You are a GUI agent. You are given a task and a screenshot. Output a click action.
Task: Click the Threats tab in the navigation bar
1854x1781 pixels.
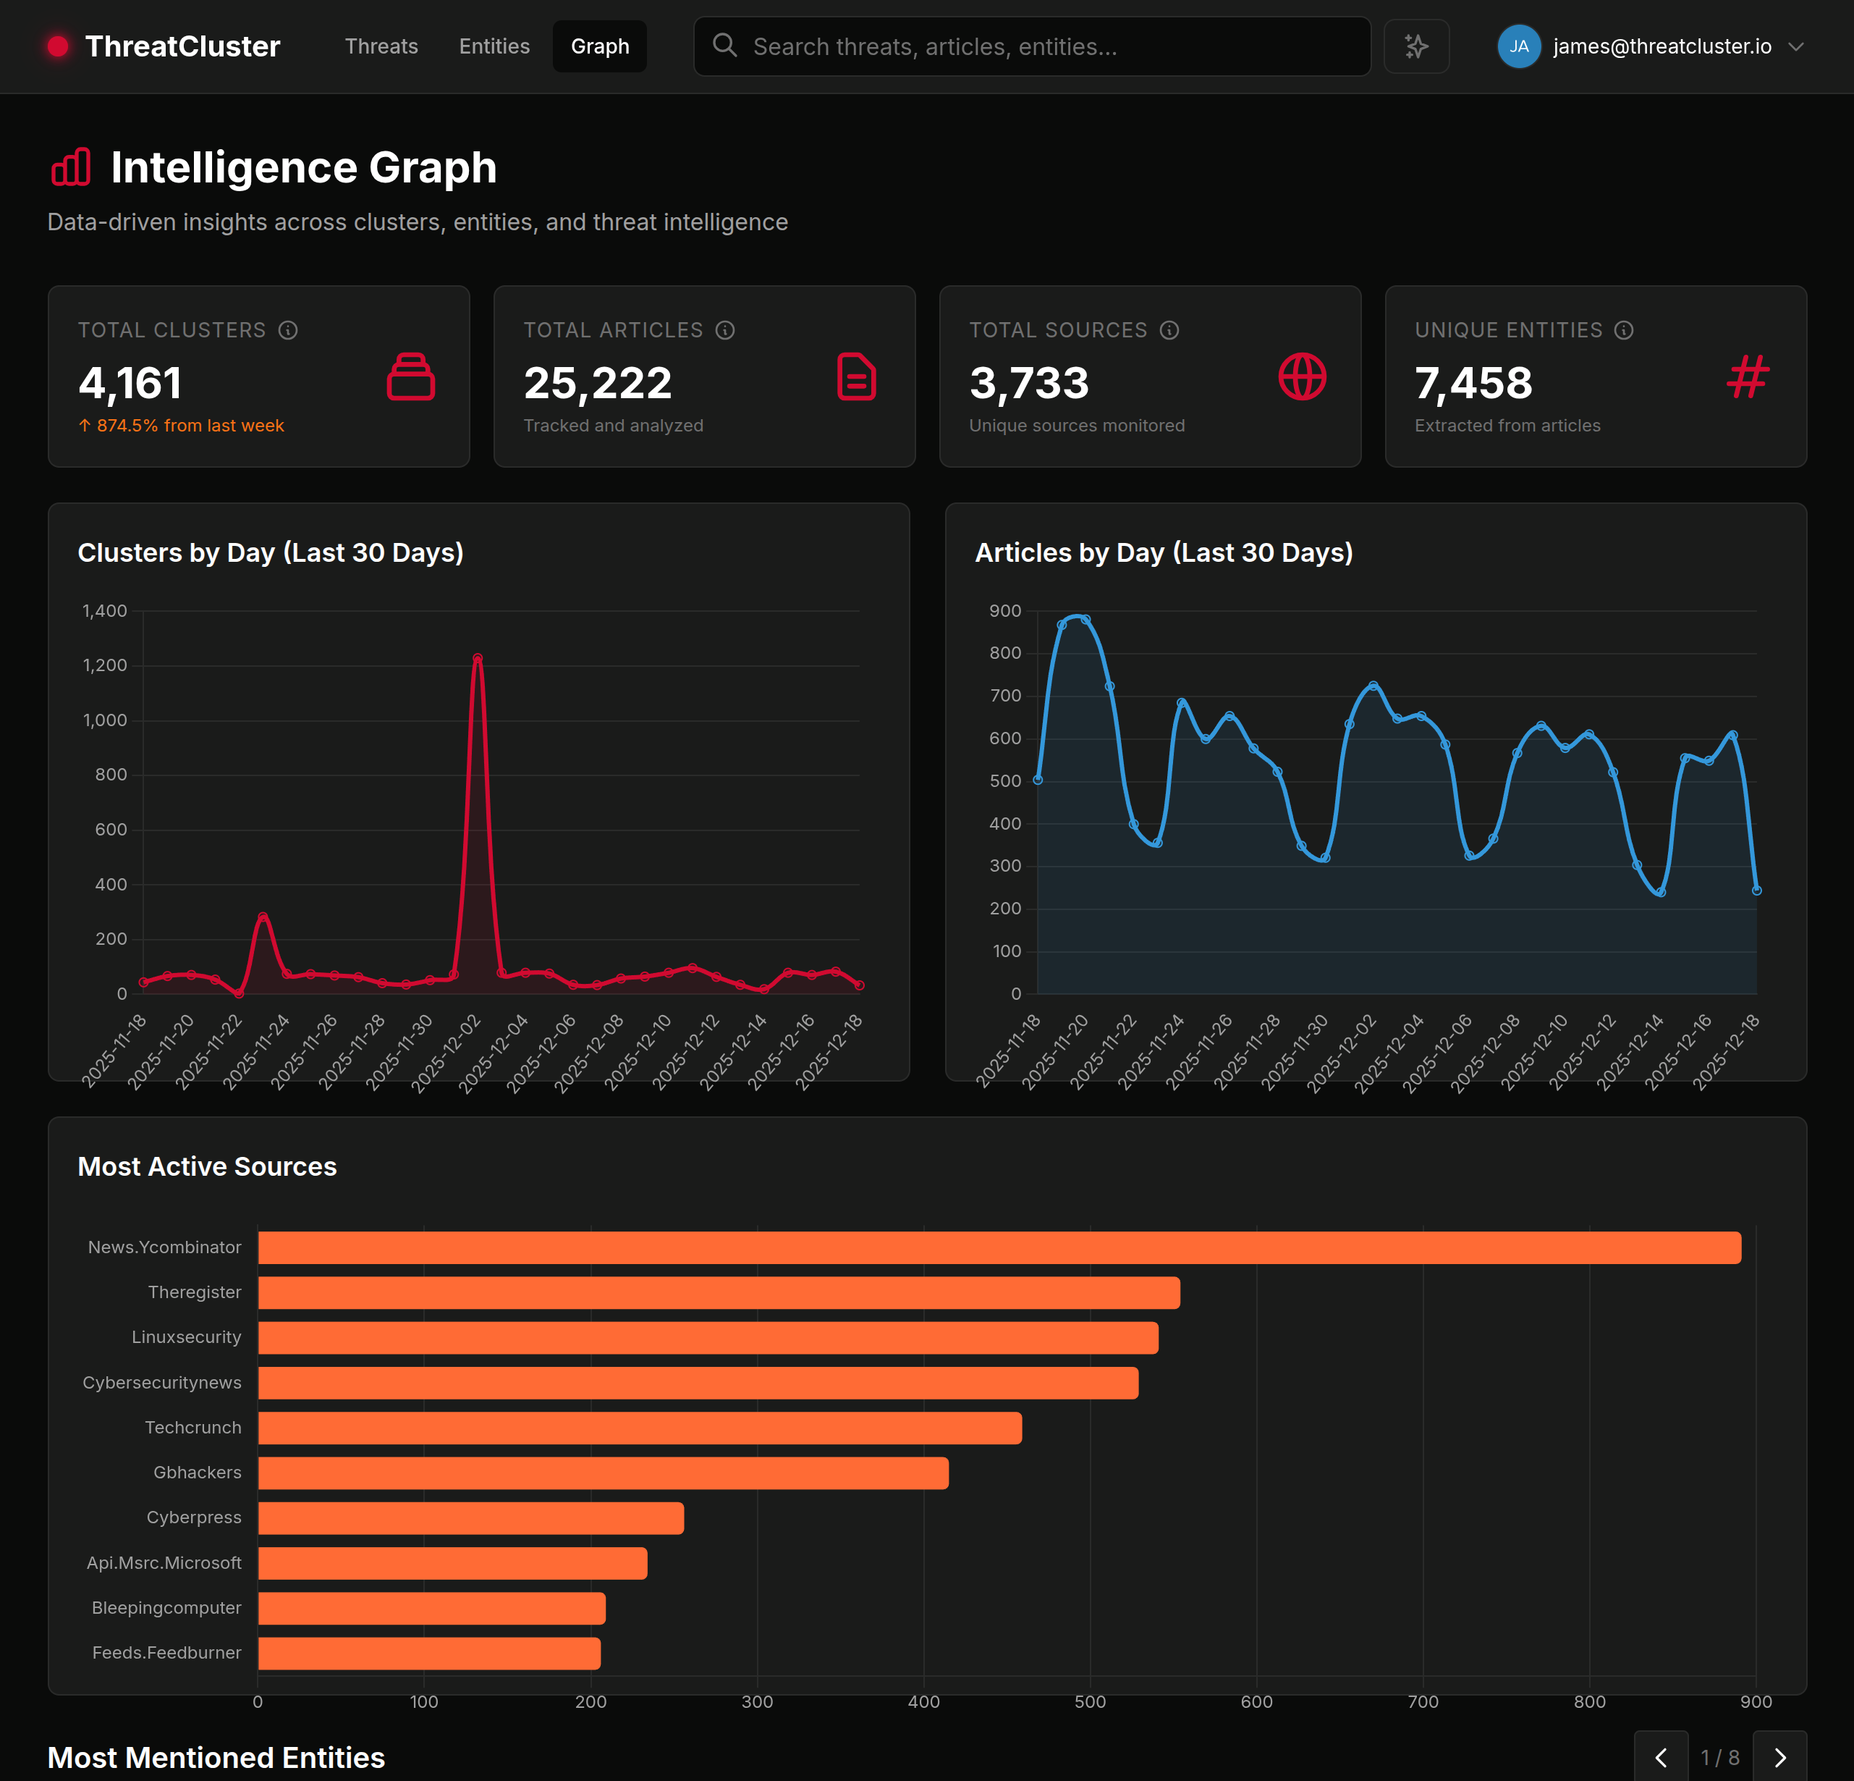(x=381, y=46)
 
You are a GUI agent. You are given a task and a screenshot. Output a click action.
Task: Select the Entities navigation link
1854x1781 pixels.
(x=494, y=46)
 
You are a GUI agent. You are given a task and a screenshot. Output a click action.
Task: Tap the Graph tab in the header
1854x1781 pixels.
(x=600, y=46)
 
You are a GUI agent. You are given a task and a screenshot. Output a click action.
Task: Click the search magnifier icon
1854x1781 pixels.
(x=724, y=46)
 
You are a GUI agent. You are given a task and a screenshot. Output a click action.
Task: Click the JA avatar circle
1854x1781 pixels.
(x=1518, y=46)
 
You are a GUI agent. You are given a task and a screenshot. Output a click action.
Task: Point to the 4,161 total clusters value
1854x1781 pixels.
(x=130, y=383)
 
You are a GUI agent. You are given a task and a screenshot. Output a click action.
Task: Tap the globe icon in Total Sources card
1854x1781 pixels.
(x=1302, y=376)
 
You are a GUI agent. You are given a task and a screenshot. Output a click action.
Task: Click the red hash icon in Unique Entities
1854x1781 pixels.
(x=1747, y=376)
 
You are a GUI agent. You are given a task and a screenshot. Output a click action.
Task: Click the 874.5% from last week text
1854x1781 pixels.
(x=189, y=426)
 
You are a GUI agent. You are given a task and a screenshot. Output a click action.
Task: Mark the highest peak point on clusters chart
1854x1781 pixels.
(x=478, y=657)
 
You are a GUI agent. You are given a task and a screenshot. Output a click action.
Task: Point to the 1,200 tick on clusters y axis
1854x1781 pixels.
(x=105, y=665)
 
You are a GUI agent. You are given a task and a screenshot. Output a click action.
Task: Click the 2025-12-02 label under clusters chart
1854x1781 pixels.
(x=446, y=1053)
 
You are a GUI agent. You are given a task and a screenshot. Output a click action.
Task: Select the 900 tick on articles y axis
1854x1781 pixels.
(x=1004, y=610)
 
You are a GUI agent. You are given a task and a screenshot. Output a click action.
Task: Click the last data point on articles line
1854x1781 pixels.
(x=1756, y=890)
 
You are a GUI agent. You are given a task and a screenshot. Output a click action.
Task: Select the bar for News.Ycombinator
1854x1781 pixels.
(x=999, y=1247)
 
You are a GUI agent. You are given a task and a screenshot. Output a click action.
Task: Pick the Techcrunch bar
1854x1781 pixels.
(x=640, y=1428)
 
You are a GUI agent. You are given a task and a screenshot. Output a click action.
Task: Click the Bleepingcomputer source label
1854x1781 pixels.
(x=166, y=1608)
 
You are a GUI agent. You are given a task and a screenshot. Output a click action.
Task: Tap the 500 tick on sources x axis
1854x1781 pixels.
(x=1090, y=1701)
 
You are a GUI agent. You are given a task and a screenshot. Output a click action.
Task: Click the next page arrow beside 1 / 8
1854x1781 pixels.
(x=1779, y=1757)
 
